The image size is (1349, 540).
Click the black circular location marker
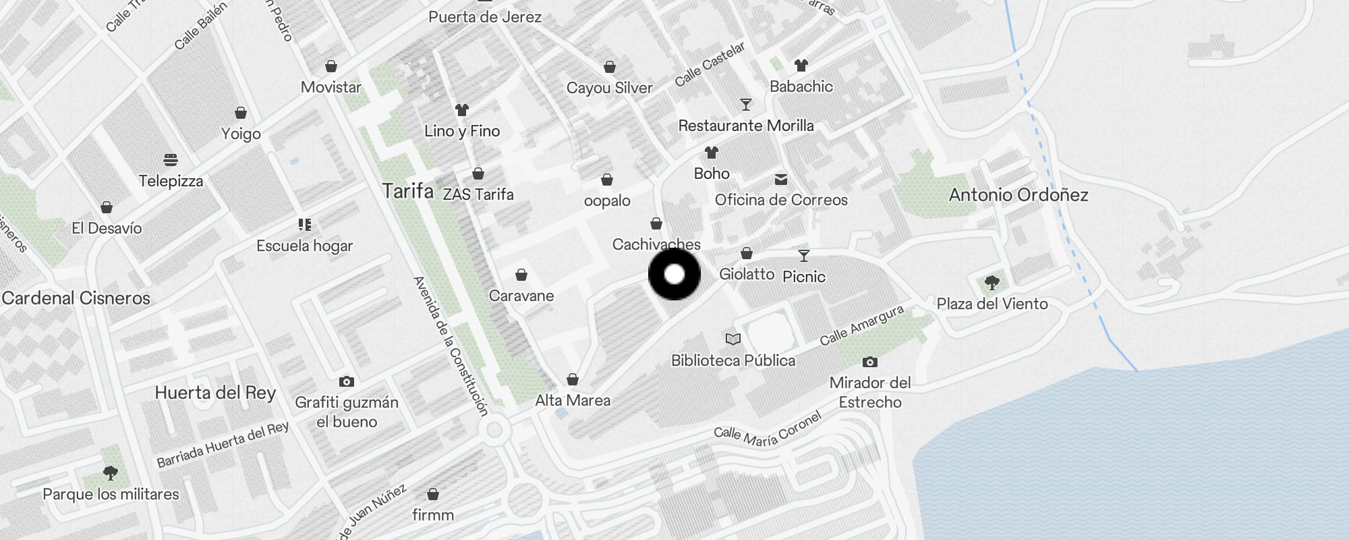point(674,274)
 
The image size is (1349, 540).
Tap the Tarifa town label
point(407,191)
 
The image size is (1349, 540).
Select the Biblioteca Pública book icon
point(733,339)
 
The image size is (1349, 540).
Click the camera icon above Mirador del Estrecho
point(870,362)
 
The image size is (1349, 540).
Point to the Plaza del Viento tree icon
point(992,282)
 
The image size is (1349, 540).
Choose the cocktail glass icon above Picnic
point(803,256)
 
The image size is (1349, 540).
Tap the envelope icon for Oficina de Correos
point(781,180)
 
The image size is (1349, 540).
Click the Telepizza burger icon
point(171,160)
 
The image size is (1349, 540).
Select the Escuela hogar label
point(304,246)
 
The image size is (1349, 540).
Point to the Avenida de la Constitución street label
point(450,346)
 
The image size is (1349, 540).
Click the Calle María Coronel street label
point(768,432)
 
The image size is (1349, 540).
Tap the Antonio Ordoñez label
point(1018,195)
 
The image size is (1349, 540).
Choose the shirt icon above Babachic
point(801,65)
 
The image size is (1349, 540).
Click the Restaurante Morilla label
point(746,126)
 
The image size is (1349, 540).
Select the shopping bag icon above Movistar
point(331,66)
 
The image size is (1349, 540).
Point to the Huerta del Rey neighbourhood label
point(215,393)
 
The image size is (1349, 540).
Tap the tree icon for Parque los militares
point(111,473)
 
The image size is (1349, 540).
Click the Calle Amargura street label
point(861,325)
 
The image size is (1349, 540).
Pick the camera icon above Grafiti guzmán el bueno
point(347,382)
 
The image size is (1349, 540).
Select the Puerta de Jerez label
point(485,17)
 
